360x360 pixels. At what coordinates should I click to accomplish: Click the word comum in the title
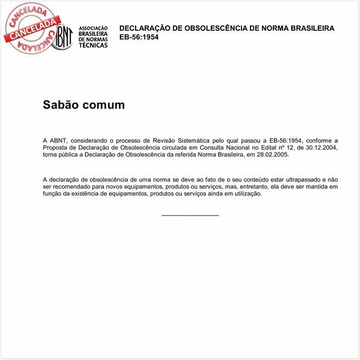click(103, 105)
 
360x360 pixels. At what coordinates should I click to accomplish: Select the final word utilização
click(246, 194)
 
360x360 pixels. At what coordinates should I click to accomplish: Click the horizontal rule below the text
click(190, 215)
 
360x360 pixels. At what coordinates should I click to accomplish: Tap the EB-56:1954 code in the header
click(139, 38)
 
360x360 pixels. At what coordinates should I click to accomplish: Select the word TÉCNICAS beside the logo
click(93, 45)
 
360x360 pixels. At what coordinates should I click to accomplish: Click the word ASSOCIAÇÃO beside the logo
click(93, 28)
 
